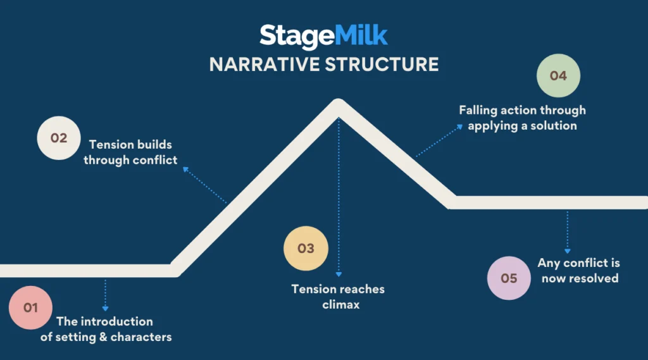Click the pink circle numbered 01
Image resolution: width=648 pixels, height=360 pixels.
pyautogui.click(x=30, y=307)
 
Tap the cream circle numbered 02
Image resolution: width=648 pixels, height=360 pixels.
pyautogui.click(x=59, y=137)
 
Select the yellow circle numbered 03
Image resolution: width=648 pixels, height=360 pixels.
pyautogui.click(x=306, y=248)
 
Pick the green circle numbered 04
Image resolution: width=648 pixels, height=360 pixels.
pyautogui.click(x=558, y=76)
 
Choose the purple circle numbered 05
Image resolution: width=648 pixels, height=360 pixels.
pyautogui.click(x=509, y=278)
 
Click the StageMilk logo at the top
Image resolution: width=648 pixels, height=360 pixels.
pyautogui.click(x=323, y=35)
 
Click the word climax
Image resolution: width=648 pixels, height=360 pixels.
pyautogui.click(x=338, y=304)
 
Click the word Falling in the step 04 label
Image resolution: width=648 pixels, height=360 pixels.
pyautogui.click(x=479, y=110)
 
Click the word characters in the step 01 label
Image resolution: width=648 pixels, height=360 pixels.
pyautogui.click(x=141, y=337)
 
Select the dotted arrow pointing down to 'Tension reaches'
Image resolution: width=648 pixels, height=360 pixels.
pyautogui.click(x=339, y=196)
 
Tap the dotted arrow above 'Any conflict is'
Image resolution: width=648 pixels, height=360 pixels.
pyautogui.click(x=568, y=232)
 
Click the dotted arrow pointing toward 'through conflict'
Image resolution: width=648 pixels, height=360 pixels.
pyautogui.click(x=204, y=185)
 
